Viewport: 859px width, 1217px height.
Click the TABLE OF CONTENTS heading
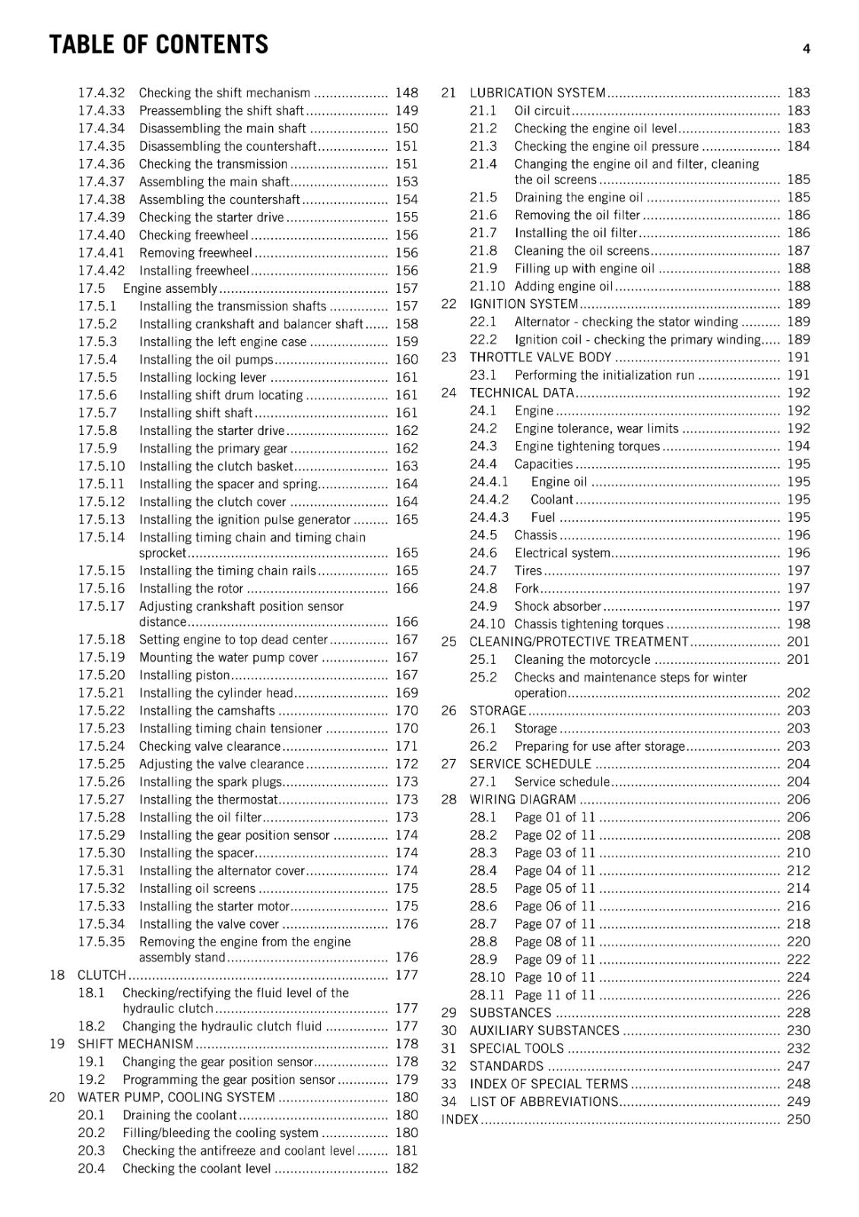coord(158,45)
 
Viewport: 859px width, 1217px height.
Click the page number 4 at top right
coord(806,49)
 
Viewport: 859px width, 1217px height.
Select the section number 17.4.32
coord(101,93)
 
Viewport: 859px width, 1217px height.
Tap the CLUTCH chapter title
coord(102,975)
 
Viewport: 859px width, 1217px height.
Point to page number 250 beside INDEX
coord(798,1120)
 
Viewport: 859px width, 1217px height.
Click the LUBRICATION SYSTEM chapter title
coord(537,93)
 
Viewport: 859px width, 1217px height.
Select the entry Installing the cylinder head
coord(216,693)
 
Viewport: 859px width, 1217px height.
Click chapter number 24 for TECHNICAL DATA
coord(449,393)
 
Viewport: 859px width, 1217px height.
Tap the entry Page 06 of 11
coord(555,907)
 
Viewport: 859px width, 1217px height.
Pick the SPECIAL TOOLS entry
coord(517,1048)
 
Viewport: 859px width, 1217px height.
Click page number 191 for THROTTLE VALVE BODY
coord(798,357)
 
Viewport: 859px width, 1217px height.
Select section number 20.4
coord(91,1168)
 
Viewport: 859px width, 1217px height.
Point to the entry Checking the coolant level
coord(196,1168)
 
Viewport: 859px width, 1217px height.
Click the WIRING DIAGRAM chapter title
coord(523,799)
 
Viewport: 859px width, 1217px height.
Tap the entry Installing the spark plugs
coord(211,782)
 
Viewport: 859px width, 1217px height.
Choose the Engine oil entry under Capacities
coord(559,482)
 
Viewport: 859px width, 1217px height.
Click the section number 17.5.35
coord(101,942)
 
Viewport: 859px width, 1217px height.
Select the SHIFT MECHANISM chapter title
coord(135,1044)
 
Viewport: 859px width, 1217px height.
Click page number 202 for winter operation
coord(798,693)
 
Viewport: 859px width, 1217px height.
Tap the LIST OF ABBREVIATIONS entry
coord(544,1101)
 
